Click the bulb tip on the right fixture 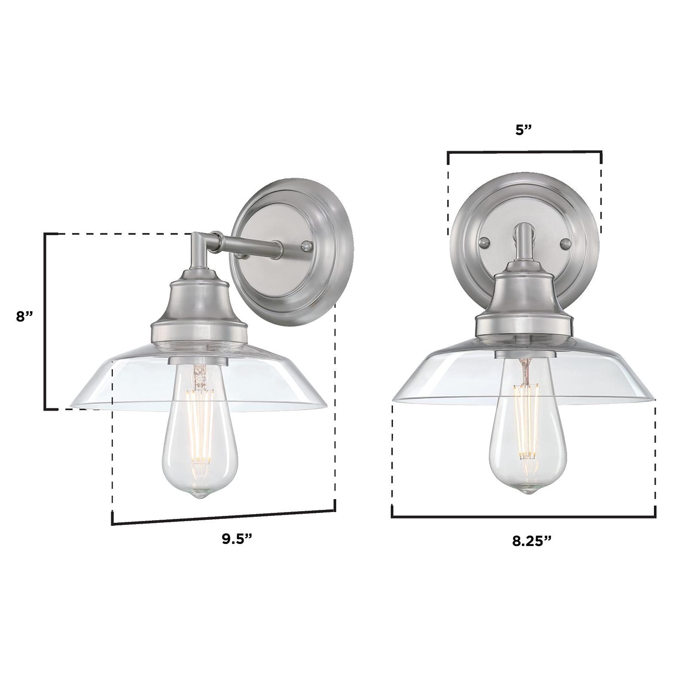[526, 491]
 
